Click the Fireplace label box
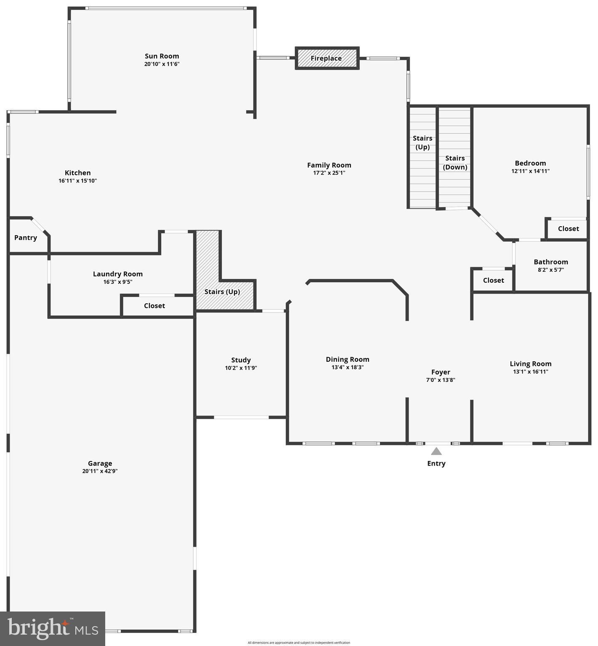pos(327,58)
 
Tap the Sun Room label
pos(162,56)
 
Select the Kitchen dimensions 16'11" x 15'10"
pos(78,181)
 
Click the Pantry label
pos(26,238)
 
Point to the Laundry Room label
pos(118,274)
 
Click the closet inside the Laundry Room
pos(154,306)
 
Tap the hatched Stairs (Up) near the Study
pos(222,292)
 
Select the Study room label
pos(241,360)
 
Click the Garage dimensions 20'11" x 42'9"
pos(100,471)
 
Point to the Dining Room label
pos(348,359)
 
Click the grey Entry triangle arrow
pos(436,451)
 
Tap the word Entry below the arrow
pos(436,463)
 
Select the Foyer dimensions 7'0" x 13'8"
pos(441,380)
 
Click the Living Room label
pos(531,364)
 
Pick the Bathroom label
pos(551,262)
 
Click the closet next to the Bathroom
pos(493,281)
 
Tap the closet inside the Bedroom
pos(569,229)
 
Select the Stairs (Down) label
pos(455,162)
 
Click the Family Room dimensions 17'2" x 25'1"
pos(329,173)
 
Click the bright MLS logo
pos(53,629)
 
